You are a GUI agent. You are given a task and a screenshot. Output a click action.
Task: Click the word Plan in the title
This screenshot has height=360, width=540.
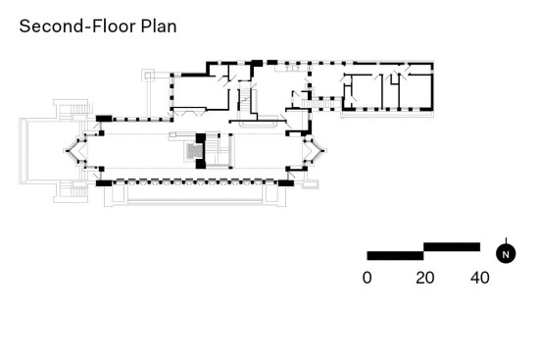point(159,26)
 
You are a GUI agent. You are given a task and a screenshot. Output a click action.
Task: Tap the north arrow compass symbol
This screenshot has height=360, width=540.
point(506,253)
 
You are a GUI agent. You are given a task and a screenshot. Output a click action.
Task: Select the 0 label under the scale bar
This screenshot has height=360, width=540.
point(368,278)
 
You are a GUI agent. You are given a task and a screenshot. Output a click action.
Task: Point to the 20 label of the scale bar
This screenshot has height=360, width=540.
point(425,278)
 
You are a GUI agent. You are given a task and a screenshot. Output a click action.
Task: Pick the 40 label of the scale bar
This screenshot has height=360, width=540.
point(480,278)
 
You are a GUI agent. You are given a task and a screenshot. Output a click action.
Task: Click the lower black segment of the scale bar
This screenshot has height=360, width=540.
point(395,255)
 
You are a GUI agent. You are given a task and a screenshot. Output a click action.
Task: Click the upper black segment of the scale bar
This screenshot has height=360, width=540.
point(452,247)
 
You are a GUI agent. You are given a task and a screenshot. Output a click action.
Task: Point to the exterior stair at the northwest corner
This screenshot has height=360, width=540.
point(73,110)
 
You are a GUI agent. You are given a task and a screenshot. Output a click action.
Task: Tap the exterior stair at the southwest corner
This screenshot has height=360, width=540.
point(72,191)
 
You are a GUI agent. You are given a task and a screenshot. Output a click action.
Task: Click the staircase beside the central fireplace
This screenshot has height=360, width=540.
point(218,151)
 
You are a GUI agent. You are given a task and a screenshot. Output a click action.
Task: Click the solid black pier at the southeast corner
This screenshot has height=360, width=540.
point(286,183)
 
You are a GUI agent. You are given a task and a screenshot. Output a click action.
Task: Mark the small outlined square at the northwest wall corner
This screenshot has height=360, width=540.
point(148,76)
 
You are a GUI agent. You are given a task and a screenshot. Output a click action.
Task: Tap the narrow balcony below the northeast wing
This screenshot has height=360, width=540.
point(387,114)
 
